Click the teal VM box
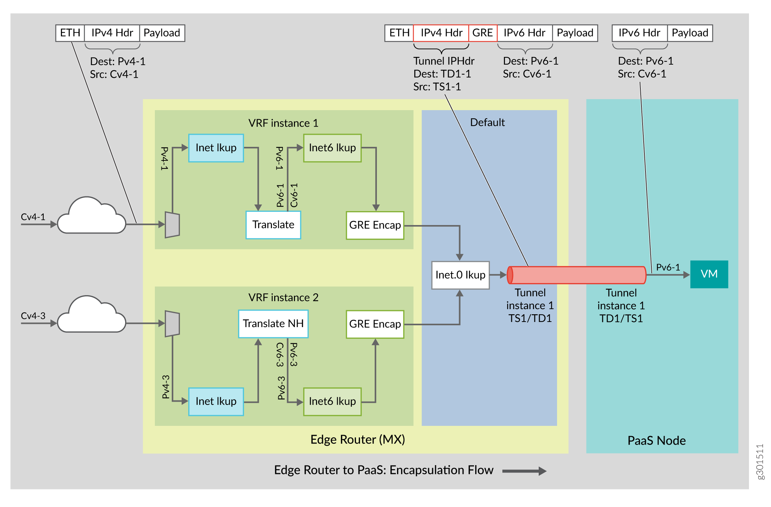click(x=709, y=274)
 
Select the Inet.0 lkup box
click(x=460, y=275)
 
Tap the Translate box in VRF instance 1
click(x=273, y=225)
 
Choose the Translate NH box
click(x=273, y=324)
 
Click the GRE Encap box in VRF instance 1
click(x=375, y=225)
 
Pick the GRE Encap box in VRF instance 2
click(x=375, y=324)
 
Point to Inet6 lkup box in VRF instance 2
click(x=332, y=401)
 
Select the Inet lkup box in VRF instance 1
click(x=216, y=148)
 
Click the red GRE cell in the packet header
click(x=482, y=33)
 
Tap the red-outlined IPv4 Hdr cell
click(x=441, y=33)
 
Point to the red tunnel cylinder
click(x=576, y=275)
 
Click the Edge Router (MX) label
click(x=357, y=439)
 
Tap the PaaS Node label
click(x=656, y=441)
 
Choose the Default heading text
click(x=487, y=122)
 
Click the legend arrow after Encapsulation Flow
click(x=524, y=471)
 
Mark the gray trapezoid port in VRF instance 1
click(x=172, y=225)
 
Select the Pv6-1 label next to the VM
click(x=668, y=267)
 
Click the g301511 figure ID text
click(x=760, y=461)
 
